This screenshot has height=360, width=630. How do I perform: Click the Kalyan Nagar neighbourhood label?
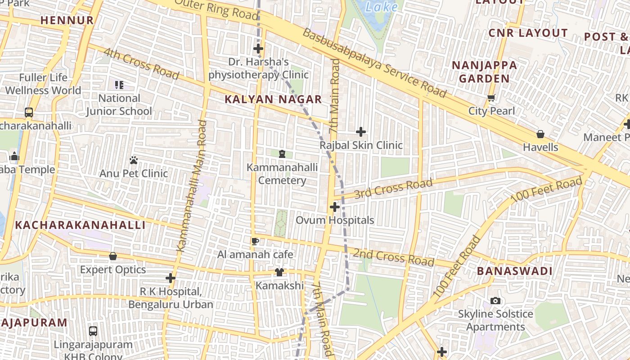tap(273, 99)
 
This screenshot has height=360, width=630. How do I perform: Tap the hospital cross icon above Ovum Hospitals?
tap(334, 207)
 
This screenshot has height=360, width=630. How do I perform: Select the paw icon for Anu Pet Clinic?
tap(134, 160)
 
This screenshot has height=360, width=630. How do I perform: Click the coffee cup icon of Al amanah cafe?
tap(255, 241)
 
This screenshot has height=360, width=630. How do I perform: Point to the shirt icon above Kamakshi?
tap(279, 272)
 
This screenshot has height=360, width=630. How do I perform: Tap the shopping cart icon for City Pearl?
tap(491, 98)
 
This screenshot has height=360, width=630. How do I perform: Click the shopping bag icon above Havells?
tap(540, 134)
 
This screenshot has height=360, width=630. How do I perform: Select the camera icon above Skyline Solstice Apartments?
tap(495, 301)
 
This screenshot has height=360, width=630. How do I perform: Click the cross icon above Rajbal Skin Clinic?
tap(361, 132)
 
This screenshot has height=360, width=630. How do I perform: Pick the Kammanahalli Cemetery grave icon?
tap(282, 154)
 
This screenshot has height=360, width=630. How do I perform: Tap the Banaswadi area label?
tap(514, 271)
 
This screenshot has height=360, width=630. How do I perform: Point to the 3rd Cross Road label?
tap(393, 188)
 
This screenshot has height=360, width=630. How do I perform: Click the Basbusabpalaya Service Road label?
tap(374, 63)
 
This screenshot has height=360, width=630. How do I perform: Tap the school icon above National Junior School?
tap(119, 85)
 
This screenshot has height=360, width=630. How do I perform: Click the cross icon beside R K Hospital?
tap(171, 278)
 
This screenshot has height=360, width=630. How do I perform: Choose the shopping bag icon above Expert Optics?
tap(113, 256)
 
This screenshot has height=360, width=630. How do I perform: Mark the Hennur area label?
tap(67, 20)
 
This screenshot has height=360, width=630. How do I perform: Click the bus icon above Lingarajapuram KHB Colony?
tap(93, 331)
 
